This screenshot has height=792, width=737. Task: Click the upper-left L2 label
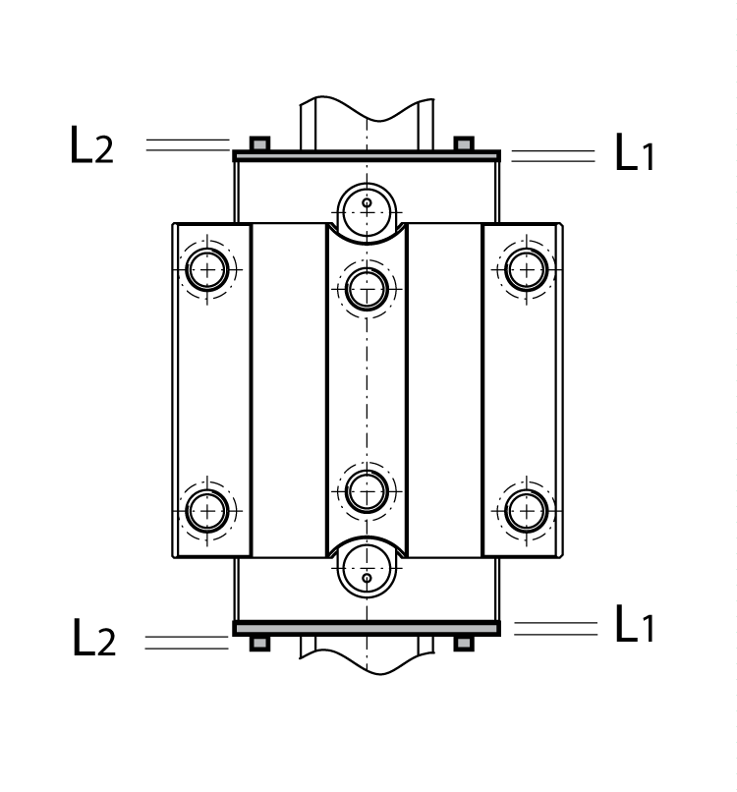coord(91,145)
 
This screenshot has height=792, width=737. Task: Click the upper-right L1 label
coord(634,153)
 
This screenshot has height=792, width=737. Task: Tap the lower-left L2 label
coord(93,639)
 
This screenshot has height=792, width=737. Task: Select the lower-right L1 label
coord(634,626)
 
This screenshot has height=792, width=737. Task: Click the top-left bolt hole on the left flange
coord(207,268)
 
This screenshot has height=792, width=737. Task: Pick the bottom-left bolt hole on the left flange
coord(207,509)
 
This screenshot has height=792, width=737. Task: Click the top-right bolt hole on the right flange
coord(527,268)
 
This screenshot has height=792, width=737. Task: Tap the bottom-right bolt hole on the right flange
coord(527,509)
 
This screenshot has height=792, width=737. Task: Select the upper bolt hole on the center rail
coord(367,289)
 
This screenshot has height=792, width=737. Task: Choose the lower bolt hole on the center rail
coord(367,490)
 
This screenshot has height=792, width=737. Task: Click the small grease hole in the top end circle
coord(367,204)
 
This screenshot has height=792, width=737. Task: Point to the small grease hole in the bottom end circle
coord(367,577)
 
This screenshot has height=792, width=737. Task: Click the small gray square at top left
coord(259,143)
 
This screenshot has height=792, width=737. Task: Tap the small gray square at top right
coord(464,143)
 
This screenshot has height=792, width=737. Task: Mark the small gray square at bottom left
coord(259,643)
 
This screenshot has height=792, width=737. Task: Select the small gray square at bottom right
coord(464,643)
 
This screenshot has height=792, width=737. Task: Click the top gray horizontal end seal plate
coord(367,155)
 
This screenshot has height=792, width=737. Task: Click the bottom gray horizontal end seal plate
coord(367,628)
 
